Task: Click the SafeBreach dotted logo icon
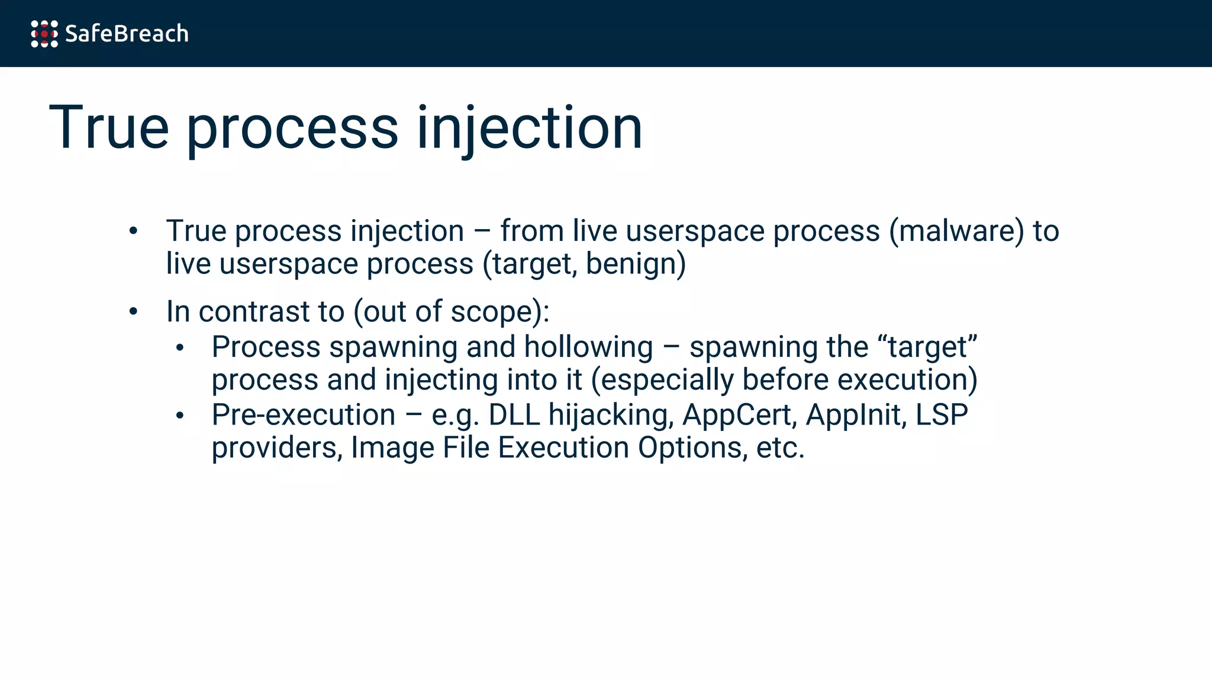[x=44, y=34]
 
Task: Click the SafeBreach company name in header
[x=127, y=34]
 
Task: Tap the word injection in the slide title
[x=530, y=128]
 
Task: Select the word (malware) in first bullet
[x=956, y=231]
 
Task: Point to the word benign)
[x=636, y=264]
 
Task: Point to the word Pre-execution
[x=304, y=415]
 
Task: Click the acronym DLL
[x=514, y=415]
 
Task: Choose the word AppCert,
[x=737, y=415]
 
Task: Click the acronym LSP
[x=942, y=415]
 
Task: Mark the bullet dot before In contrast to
[x=133, y=311]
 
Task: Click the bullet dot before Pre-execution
[x=180, y=416]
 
